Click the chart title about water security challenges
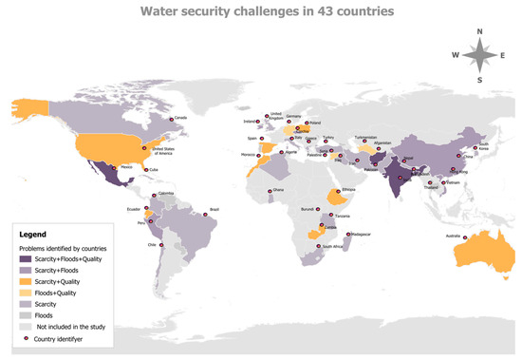click(260, 12)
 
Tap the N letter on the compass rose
click(480, 32)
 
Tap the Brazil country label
click(214, 209)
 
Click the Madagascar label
click(363, 234)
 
